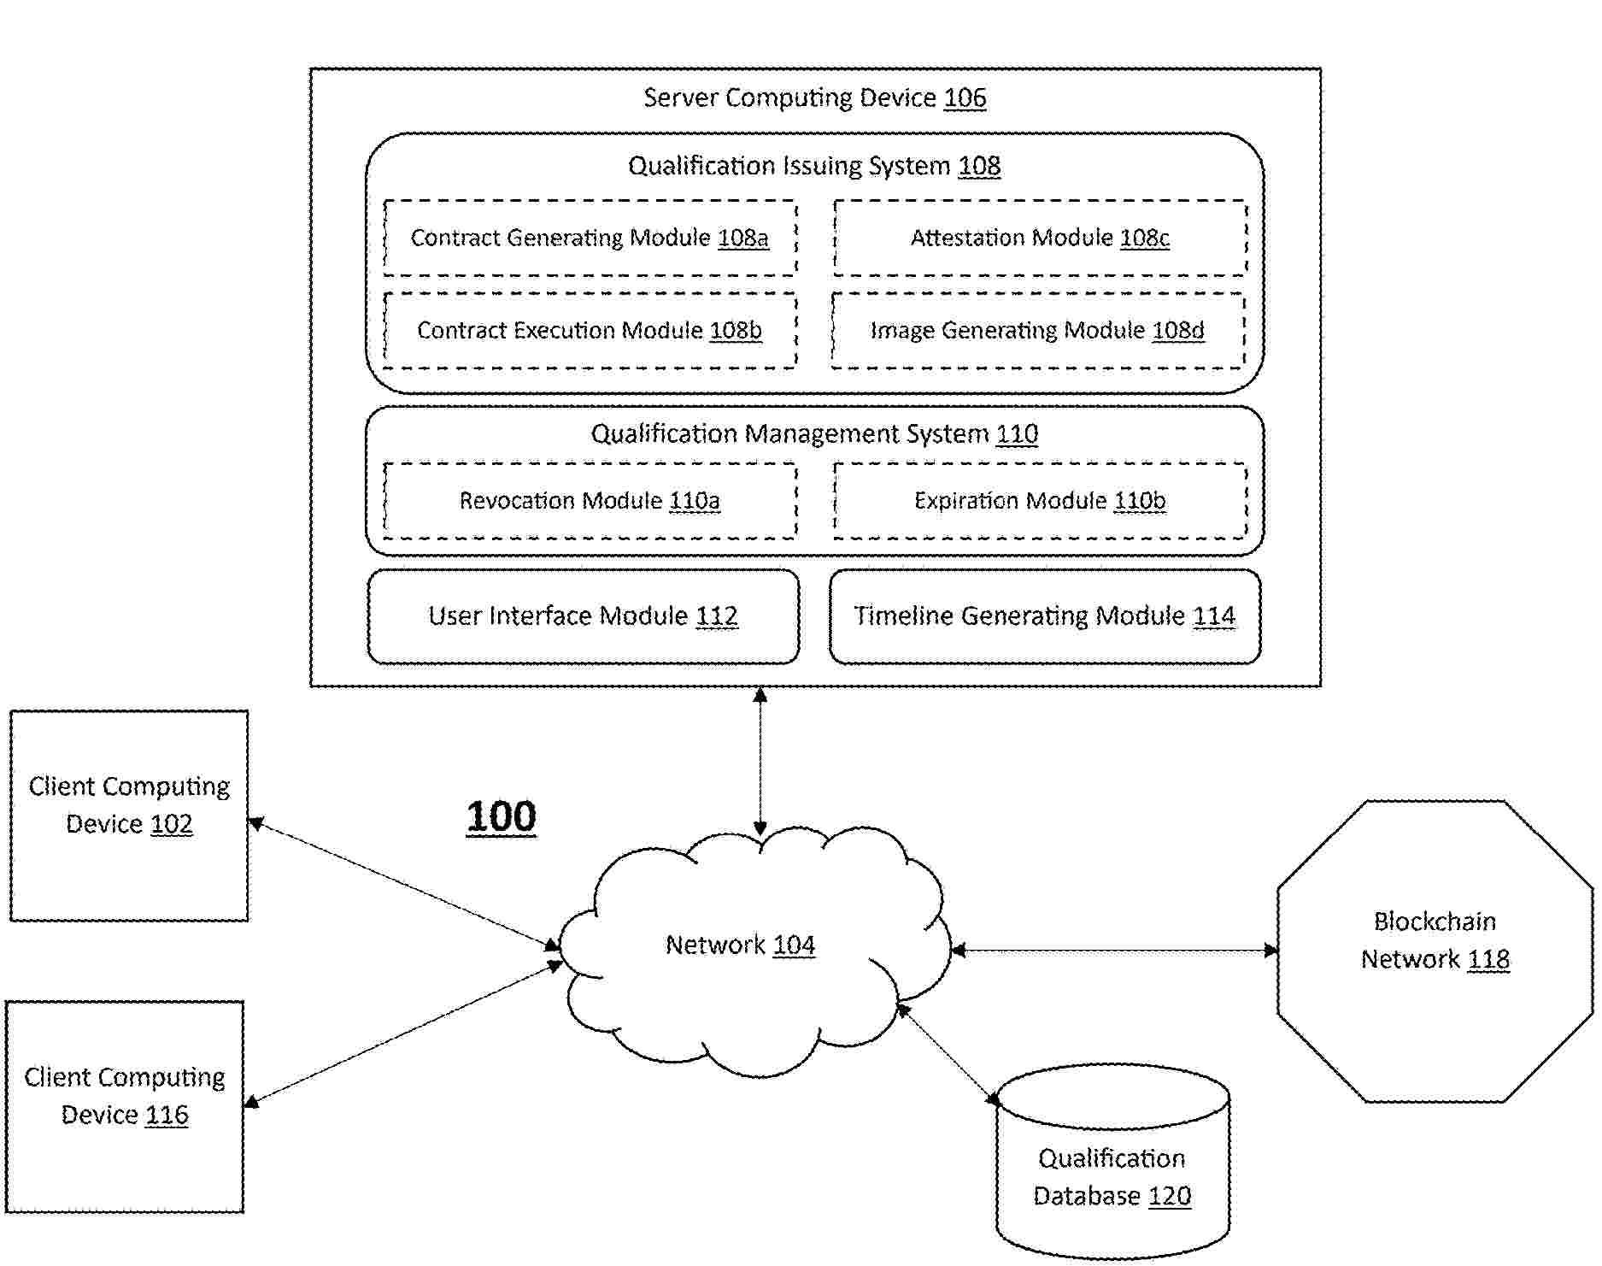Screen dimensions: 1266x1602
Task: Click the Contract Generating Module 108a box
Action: tap(590, 238)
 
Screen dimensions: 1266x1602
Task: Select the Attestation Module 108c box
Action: tap(1040, 238)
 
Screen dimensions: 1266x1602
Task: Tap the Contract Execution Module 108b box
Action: tap(590, 331)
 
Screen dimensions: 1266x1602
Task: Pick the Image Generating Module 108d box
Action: tap(1037, 331)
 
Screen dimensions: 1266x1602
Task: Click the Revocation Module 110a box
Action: tap(590, 501)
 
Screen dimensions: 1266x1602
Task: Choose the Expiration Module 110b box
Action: tap(1040, 501)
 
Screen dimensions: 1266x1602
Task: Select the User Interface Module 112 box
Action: tap(584, 616)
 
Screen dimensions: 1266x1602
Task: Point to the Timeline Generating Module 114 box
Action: tap(1045, 616)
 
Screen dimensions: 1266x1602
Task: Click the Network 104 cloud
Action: tap(752, 949)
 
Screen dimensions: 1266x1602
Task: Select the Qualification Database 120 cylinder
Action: tap(1112, 1171)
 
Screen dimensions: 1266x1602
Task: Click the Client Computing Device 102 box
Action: tap(129, 816)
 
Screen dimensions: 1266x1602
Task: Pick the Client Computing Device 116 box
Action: tap(125, 1106)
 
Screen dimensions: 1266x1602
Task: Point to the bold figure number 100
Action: tap(502, 816)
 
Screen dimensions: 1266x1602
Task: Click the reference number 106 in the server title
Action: tap(965, 98)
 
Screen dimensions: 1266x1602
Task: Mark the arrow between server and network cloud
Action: tap(760, 761)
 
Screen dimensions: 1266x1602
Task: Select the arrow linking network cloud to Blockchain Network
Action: tap(1115, 950)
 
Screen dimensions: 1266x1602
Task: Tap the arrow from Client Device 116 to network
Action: tap(402, 1033)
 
